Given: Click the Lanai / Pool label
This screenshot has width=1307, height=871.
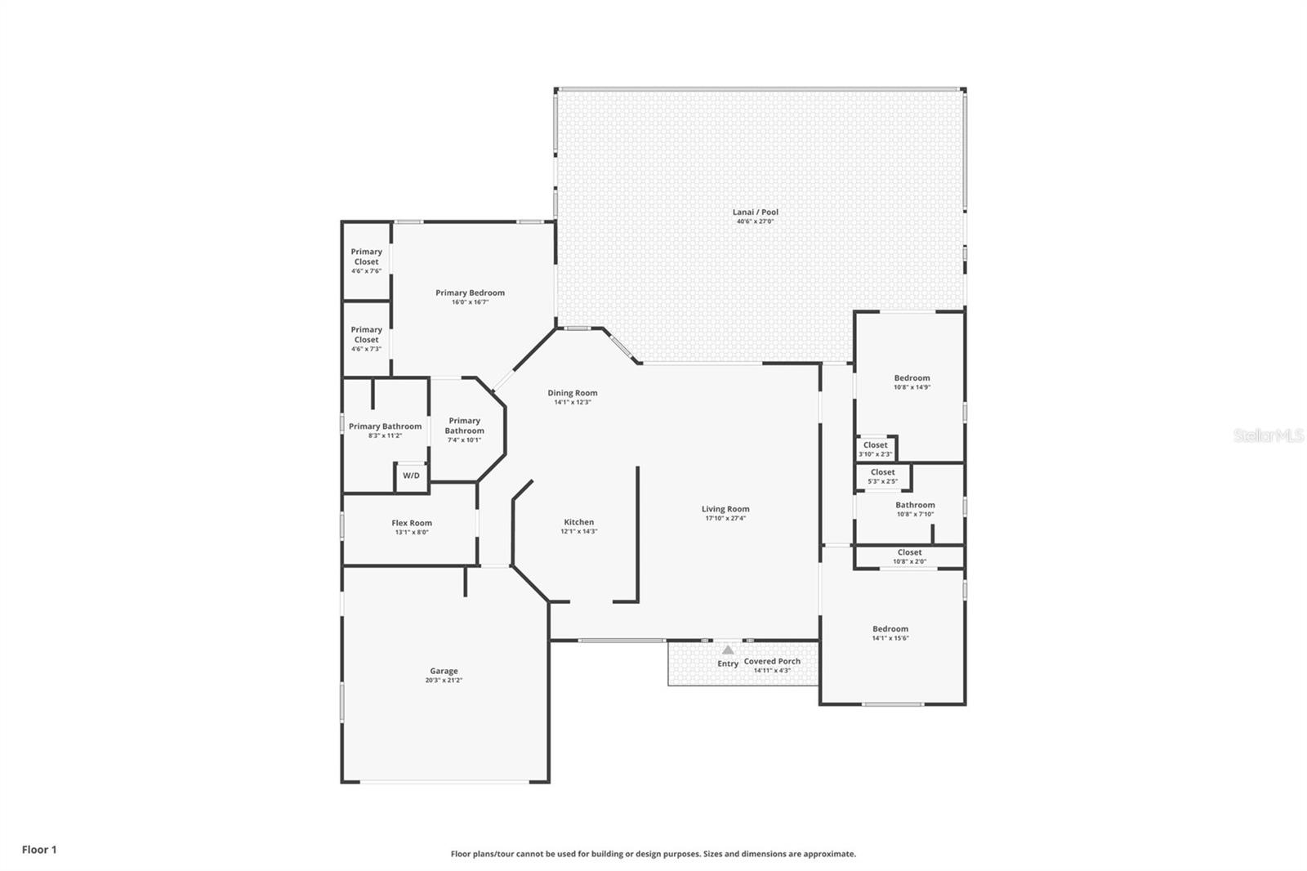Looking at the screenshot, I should [755, 212].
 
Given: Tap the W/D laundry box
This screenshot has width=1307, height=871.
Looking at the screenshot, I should [411, 476].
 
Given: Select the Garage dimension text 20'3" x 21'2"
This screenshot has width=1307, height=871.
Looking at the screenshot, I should [444, 681].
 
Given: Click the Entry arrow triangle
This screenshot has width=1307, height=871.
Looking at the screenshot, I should [728, 650].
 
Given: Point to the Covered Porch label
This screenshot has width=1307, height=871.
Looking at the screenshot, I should [772, 662].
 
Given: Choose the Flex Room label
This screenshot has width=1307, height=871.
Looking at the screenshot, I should [411, 524].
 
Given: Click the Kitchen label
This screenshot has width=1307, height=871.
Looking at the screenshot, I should [578, 523].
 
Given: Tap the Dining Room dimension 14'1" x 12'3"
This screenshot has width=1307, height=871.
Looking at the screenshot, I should [572, 403].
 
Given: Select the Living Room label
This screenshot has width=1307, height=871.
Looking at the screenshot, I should [725, 510].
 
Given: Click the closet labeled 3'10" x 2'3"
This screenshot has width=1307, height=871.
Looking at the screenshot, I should [875, 449].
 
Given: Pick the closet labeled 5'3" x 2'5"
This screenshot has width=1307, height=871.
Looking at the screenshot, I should [882, 476].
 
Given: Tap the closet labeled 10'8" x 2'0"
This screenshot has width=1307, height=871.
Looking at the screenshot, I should [909, 556].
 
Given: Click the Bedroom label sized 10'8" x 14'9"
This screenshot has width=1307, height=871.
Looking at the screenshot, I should [912, 378].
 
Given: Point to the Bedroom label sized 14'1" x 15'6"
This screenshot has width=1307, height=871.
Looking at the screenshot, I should [890, 629].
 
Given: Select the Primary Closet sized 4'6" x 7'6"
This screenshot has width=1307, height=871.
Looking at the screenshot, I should [366, 260].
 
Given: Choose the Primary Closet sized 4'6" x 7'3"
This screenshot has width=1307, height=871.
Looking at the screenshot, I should [366, 337].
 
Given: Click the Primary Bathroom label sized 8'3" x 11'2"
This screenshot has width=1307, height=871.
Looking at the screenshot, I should [385, 427].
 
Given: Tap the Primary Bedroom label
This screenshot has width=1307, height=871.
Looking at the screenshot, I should [470, 293].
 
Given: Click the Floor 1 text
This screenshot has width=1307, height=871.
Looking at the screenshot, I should [39, 850].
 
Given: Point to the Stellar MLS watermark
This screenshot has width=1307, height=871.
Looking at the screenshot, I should [1269, 435].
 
